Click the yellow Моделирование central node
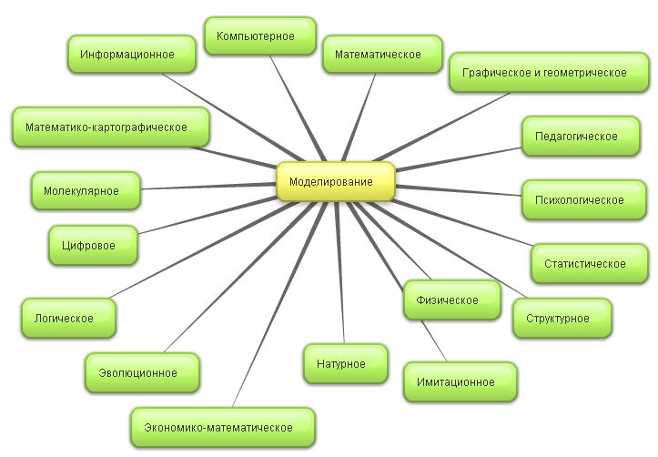coord(335,181)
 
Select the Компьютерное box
coord(260,37)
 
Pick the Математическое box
coord(377,55)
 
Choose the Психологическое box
coord(572,200)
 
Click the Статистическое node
coord(583,264)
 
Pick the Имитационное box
coord(461,382)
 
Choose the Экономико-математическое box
coord(224,427)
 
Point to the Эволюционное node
coord(144,372)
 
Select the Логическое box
coord(70,319)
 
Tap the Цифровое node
coord(94,245)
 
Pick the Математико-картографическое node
coord(111,127)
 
